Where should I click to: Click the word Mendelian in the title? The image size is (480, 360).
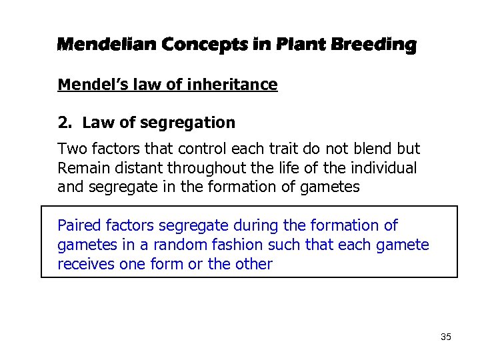107,45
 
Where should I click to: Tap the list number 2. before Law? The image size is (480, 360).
65,123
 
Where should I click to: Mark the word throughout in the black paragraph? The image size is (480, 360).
233,168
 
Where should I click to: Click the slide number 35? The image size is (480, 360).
446,337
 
